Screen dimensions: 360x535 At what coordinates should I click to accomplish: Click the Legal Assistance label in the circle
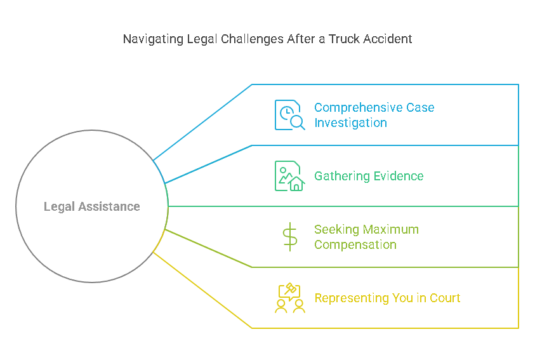(92, 206)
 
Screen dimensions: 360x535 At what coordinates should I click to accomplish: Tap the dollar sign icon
(289, 237)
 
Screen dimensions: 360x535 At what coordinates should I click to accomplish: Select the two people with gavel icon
(289, 298)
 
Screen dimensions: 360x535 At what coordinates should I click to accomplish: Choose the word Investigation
(350, 123)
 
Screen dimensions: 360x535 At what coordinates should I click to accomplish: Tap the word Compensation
(355, 244)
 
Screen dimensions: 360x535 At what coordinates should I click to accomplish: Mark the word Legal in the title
(202, 39)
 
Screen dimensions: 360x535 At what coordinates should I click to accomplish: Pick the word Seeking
(336, 229)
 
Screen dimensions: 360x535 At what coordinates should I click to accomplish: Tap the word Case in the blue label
(421, 107)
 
